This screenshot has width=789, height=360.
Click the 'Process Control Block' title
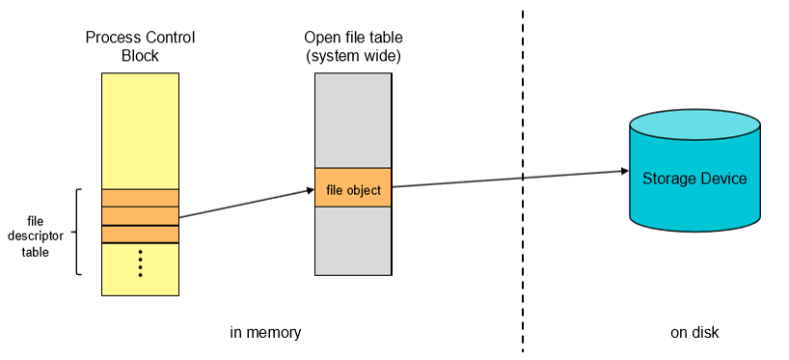pyautogui.click(x=140, y=45)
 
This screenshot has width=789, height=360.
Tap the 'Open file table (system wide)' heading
pyautogui.click(x=353, y=45)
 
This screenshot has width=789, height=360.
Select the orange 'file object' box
pyautogui.click(x=353, y=187)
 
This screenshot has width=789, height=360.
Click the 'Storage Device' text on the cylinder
pyautogui.click(x=694, y=179)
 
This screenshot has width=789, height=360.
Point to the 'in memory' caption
pyautogui.click(x=265, y=333)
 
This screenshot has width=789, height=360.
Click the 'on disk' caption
pyautogui.click(x=694, y=333)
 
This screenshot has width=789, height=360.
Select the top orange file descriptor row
pyautogui.click(x=141, y=198)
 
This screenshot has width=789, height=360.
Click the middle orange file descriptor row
pyautogui.click(x=141, y=216)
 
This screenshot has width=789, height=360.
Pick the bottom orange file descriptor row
pyautogui.click(x=141, y=235)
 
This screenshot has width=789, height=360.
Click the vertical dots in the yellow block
pyautogui.click(x=141, y=263)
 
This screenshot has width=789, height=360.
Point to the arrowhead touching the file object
pyautogui.click(x=310, y=190)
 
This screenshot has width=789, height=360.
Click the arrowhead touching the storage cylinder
pyautogui.click(x=624, y=171)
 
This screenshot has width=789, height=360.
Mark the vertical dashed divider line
pyautogui.click(x=523, y=181)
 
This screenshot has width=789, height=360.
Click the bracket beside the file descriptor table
pyautogui.click(x=77, y=232)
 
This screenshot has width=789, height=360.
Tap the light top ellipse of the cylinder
pyautogui.click(x=694, y=125)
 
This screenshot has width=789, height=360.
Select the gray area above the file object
pyautogui.click(x=353, y=121)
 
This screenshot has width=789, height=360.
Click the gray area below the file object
pyautogui.click(x=353, y=241)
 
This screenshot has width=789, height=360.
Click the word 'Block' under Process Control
pyautogui.click(x=140, y=55)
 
